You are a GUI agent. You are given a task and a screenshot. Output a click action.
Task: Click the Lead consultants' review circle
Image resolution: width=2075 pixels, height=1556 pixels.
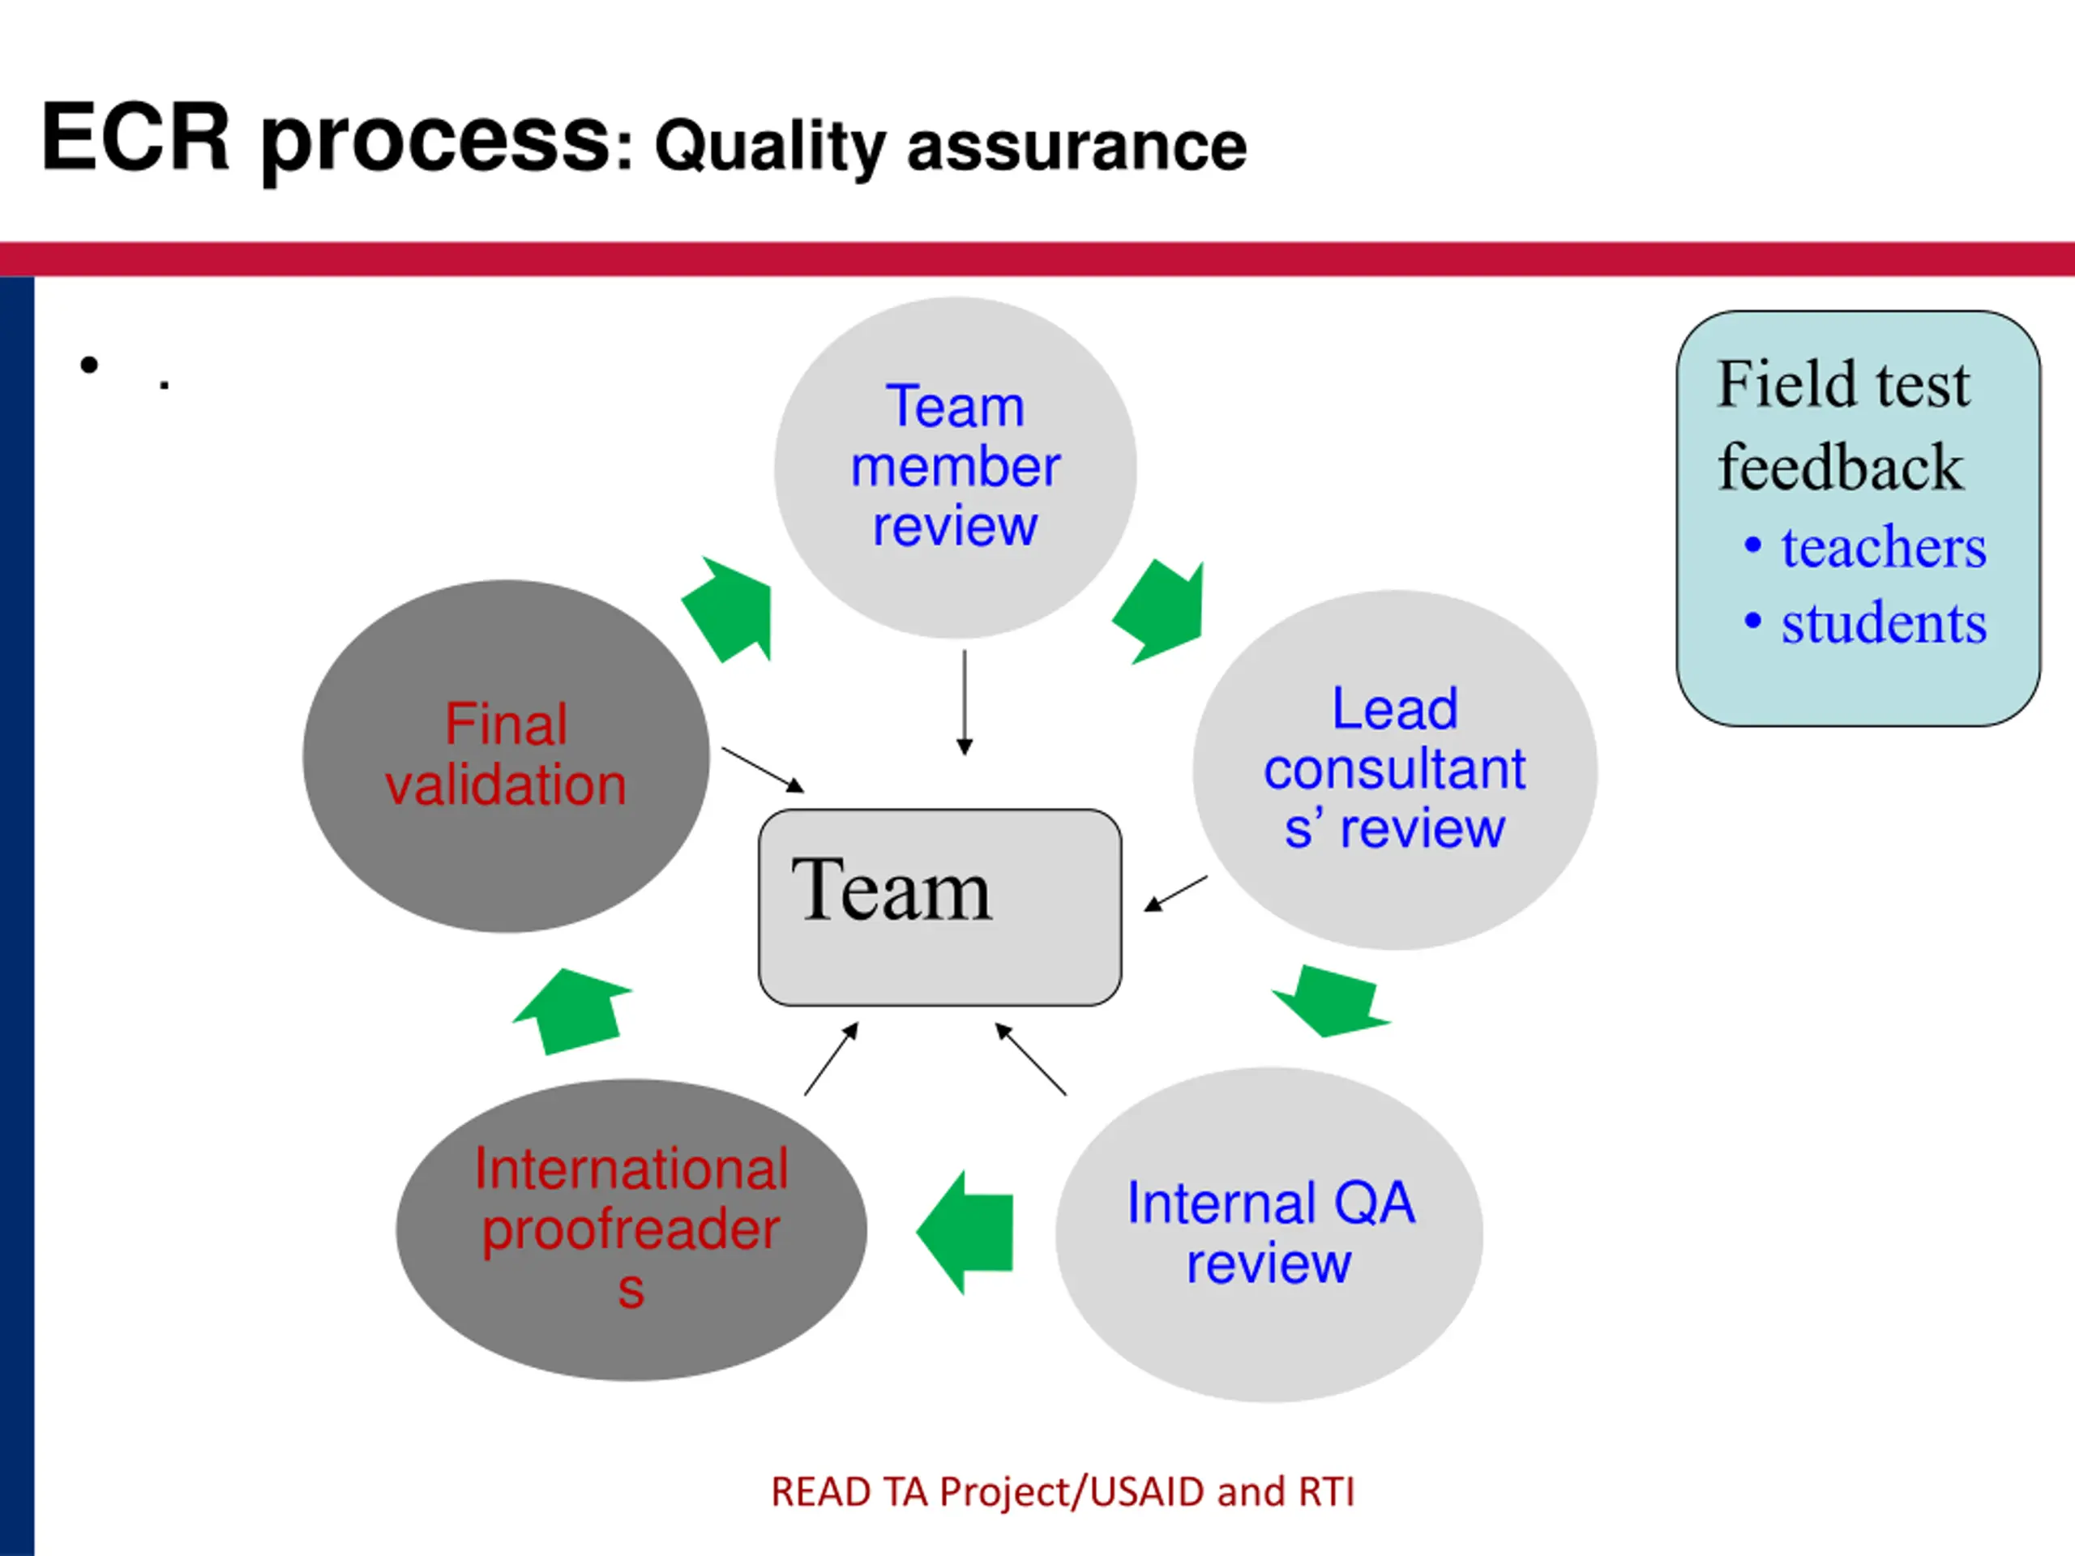[x=1395, y=769]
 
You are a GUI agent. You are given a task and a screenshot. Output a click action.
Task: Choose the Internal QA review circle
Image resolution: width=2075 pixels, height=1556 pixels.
[x=1269, y=1233]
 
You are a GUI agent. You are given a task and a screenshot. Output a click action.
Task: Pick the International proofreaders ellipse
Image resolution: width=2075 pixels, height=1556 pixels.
[x=631, y=1229]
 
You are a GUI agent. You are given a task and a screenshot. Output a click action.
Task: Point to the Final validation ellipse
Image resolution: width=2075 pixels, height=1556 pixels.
[x=507, y=756]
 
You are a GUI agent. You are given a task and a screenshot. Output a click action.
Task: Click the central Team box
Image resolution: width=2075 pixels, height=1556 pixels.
[x=940, y=907]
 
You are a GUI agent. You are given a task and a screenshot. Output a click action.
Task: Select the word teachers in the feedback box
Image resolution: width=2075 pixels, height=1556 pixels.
[x=1884, y=547]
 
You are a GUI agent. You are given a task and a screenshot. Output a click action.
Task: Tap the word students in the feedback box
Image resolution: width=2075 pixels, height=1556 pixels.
[x=1884, y=622]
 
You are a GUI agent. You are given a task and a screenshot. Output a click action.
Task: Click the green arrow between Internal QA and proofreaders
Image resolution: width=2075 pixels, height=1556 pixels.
[x=965, y=1233]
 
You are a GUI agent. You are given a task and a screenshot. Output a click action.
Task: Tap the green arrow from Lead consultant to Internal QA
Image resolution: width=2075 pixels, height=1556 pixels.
[x=1331, y=1001]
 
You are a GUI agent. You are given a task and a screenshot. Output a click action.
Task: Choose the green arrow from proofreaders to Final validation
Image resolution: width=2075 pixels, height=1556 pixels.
[x=572, y=1011]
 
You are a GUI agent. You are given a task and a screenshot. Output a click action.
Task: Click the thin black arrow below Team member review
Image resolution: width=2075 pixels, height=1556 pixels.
[x=965, y=703]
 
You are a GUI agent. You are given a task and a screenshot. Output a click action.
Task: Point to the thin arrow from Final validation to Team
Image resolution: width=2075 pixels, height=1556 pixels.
[x=763, y=770]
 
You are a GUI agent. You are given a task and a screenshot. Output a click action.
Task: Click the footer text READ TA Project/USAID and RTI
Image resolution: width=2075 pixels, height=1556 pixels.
[x=1063, y=1491]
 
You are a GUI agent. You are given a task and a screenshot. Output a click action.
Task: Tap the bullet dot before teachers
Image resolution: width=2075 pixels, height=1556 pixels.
[x=1752, y=544]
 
